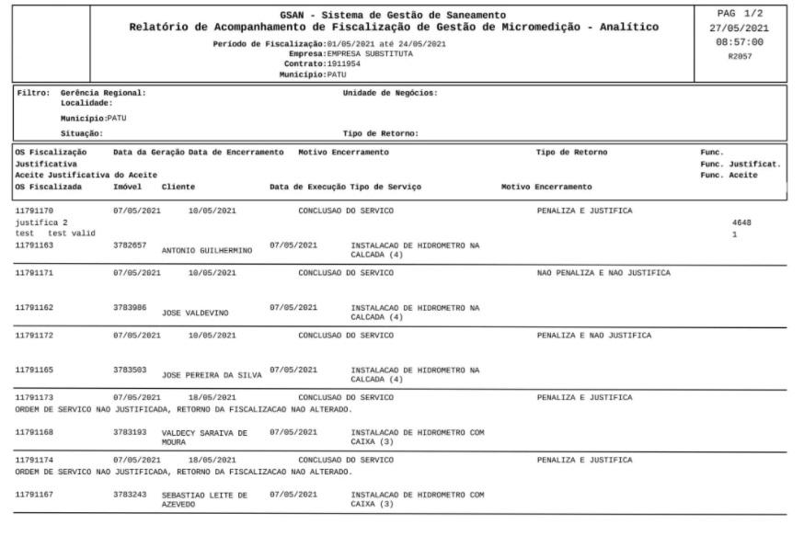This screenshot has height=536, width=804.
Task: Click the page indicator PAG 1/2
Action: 747,14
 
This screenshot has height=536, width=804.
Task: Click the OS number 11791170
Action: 35,211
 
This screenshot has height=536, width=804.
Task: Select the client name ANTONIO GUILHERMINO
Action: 207,249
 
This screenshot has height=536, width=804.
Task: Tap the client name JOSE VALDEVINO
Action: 196,313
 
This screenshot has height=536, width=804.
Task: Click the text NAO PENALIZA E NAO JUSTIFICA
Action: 603,273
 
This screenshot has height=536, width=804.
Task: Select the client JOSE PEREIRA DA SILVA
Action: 212,375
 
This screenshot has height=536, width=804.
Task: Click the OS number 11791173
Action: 35,397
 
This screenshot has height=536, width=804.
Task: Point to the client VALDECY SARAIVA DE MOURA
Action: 204,436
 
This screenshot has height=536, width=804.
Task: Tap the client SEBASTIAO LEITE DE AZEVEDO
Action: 204,499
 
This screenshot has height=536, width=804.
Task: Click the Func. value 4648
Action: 741,222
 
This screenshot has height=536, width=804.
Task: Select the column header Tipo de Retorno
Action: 571,151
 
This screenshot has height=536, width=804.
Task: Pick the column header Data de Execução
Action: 308,187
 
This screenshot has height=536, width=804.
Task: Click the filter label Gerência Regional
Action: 103,93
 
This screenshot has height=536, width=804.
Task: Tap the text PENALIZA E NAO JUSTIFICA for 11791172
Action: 594,336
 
